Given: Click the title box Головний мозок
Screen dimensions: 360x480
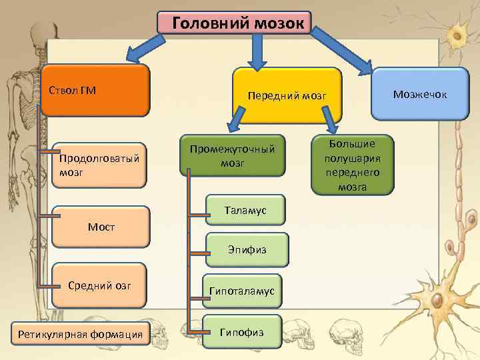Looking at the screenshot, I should (235, 23).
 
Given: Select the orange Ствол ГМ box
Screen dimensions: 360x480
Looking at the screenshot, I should (94, 90).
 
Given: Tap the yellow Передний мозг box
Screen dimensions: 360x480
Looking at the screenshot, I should (287, 96).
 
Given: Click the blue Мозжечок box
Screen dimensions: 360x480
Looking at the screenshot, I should (420, 94).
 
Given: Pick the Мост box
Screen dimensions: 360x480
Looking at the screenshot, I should (101, 227).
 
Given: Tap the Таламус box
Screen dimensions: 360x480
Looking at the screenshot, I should (245, 211).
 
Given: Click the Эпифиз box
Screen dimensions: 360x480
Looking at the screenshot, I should (247, 250).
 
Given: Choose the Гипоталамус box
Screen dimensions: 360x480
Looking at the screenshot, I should (242, 291).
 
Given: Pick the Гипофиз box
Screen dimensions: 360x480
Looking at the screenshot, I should (242, 331).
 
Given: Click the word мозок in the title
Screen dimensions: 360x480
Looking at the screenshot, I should (279, 23).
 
